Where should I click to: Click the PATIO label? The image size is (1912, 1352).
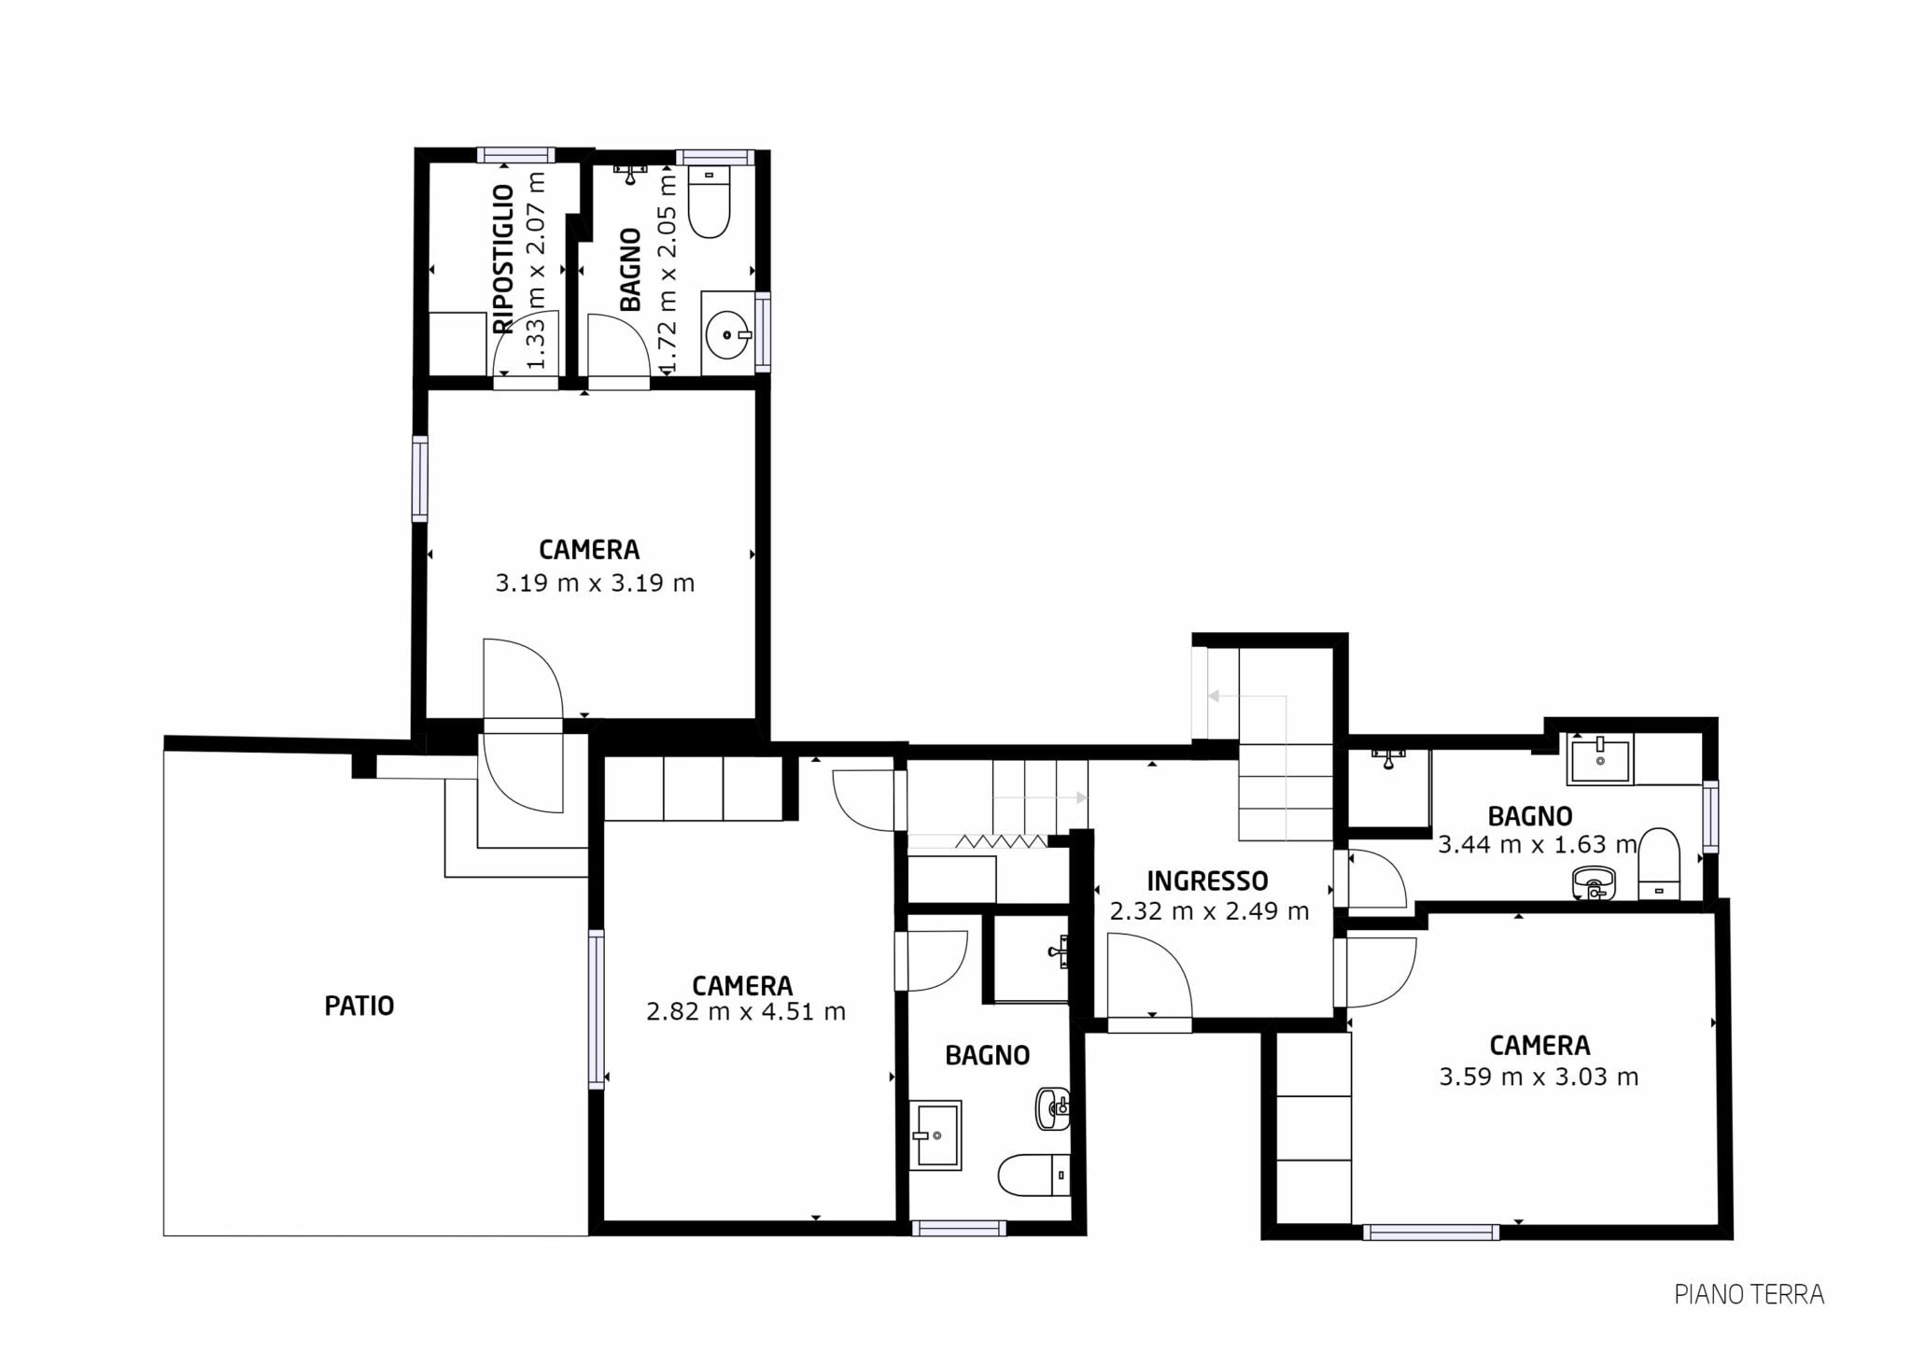click(x=359, y=1006)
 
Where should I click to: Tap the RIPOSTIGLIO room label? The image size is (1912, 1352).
click(x=503, y=259)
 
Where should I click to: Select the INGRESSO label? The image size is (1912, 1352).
click(x=1207, y=880)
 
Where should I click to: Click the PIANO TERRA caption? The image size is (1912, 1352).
click(x=1749, y=1294)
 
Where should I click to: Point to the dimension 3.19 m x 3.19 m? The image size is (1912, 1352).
click(x=595, y=584)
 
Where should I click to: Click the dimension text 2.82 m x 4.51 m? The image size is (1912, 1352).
click(x=746, y=1011)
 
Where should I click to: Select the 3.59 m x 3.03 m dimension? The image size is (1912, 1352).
click(x=1539, y=1077)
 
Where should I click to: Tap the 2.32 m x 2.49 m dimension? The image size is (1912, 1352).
click(x=1209, y=911)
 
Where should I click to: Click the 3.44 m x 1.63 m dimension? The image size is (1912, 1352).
click(x=1538, y=845)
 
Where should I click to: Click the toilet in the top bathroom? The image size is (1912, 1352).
click(x=709, y=202)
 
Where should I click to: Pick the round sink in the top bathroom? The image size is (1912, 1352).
click(x=728, y=334)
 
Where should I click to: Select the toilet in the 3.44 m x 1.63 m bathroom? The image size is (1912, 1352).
click(x=1659, y=865)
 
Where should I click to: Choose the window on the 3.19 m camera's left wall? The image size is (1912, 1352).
click(x=420, y=479)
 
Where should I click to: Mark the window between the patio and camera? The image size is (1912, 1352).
click(x=596, y=1009)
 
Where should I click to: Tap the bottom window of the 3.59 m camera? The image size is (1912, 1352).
click(x=1431, y=1232)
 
